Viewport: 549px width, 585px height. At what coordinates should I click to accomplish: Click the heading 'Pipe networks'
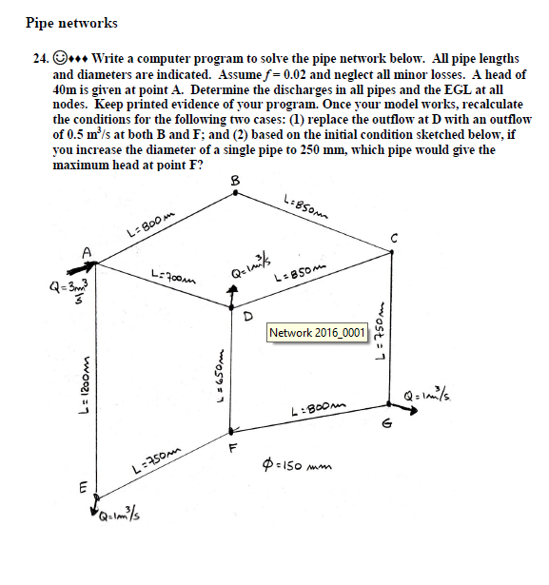click(x=71, y=22)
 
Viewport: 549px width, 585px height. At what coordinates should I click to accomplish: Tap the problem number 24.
click(x=40, y=59)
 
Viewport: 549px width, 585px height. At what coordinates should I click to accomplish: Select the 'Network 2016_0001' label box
click(x=317, y=333)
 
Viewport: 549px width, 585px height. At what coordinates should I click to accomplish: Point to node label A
click(x=87, y=251)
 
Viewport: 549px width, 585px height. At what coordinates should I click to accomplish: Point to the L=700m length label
click(x=172, y=273)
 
